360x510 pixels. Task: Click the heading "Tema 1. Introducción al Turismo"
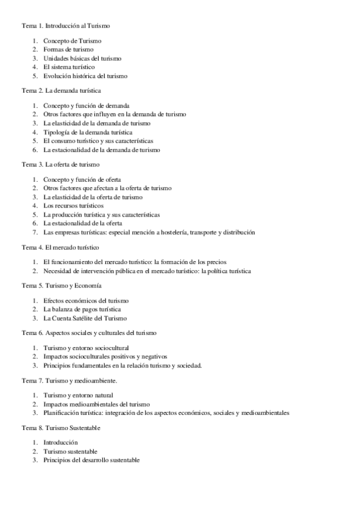[66, 26]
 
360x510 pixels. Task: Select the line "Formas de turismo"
[68, 49]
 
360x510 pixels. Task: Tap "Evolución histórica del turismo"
[85, 76]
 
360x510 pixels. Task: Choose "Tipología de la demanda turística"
[88, 132]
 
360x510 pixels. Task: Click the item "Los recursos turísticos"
[73, 205]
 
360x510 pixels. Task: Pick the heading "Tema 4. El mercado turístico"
[60, 247]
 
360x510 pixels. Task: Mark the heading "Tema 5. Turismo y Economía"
[61, 285]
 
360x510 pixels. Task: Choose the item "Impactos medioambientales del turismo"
[97, 404]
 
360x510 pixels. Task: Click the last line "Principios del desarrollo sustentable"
[91, 460]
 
